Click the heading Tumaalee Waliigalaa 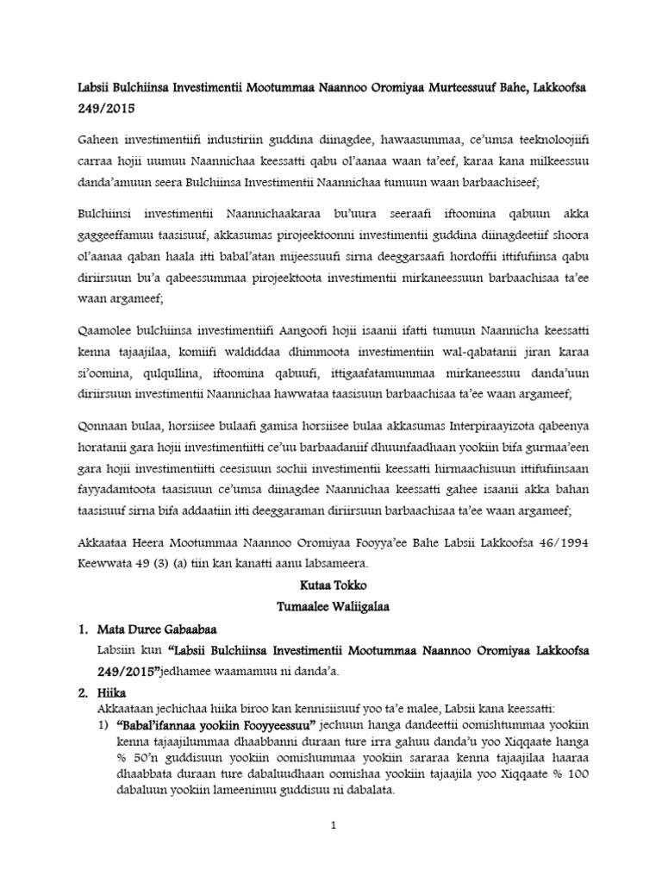pos(331,607)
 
